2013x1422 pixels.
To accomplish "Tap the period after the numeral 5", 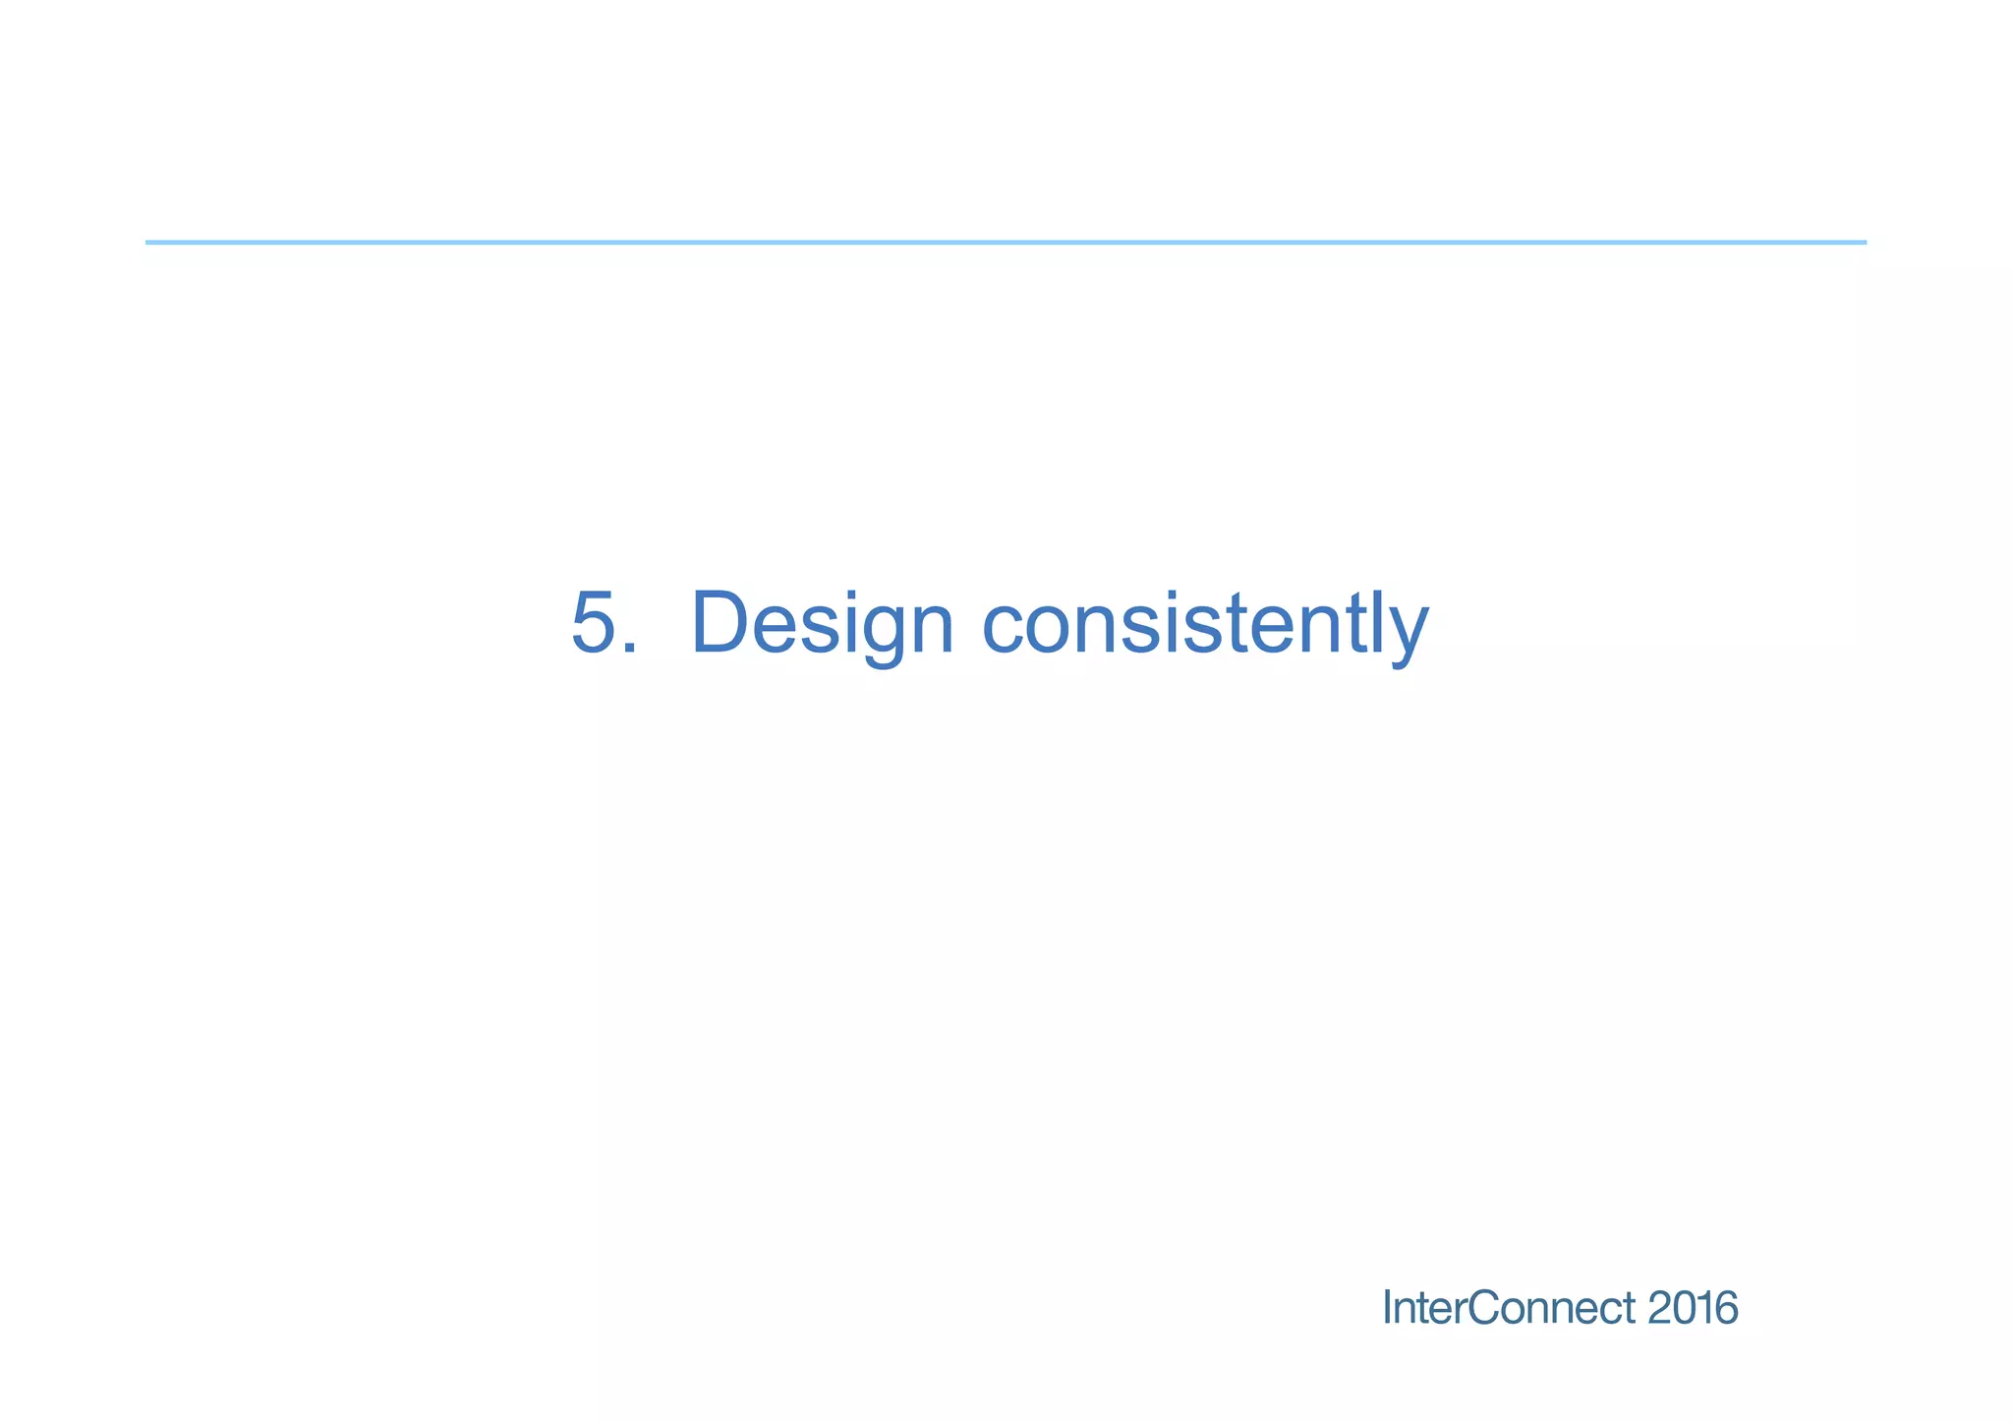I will pos(629,649).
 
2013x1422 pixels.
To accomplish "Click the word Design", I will pos(822,624).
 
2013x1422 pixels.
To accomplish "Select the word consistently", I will pos(1205,624).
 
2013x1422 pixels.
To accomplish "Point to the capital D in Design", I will pos(723,622).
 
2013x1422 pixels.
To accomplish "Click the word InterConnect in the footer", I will pos(1509,1308).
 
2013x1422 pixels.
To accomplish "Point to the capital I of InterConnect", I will pos(1387,1308).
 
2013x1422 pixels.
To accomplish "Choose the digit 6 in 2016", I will pos(1727,1308).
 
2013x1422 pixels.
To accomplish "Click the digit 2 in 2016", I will pos(1660,1308).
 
